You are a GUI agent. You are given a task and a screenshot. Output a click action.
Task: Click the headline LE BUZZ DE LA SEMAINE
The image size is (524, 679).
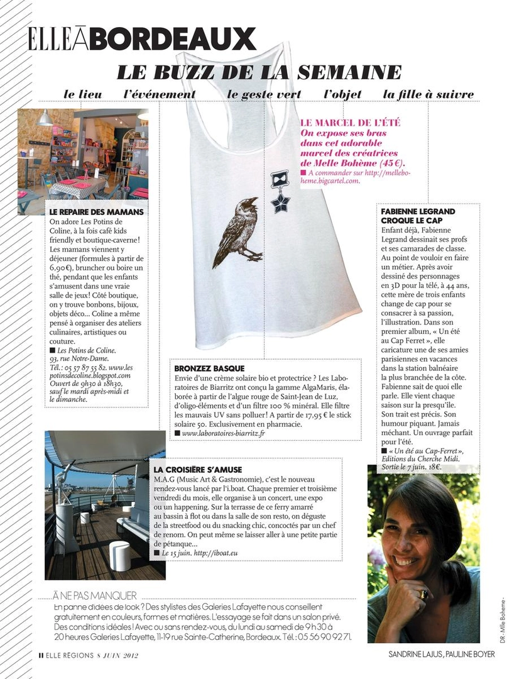coord(259,72)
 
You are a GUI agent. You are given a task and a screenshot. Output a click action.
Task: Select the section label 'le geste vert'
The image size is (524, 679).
coord(264,95)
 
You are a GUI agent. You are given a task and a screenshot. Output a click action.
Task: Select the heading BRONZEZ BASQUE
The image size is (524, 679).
coord(210,368)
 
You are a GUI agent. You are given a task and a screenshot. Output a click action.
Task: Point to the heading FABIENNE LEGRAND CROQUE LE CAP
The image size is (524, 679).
coord(418,216)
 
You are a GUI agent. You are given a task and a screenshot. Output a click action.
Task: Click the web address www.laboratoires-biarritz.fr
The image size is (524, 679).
coord(223,433)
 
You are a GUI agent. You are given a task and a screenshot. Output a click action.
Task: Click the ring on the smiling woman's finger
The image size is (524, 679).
coord(422,594)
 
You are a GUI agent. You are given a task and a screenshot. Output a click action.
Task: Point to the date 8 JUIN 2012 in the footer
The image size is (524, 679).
coord(116,655)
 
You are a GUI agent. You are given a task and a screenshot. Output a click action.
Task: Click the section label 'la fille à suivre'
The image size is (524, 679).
coord(428,95)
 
